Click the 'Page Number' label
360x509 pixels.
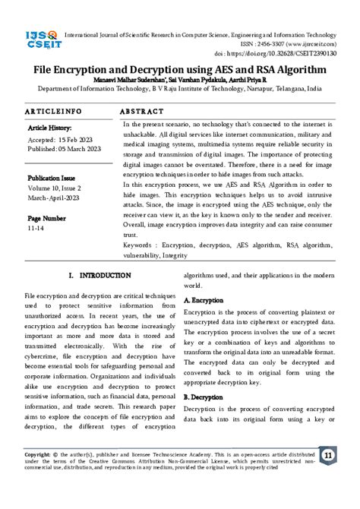coord(46,218)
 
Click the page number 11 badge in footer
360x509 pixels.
coord(328,456)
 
